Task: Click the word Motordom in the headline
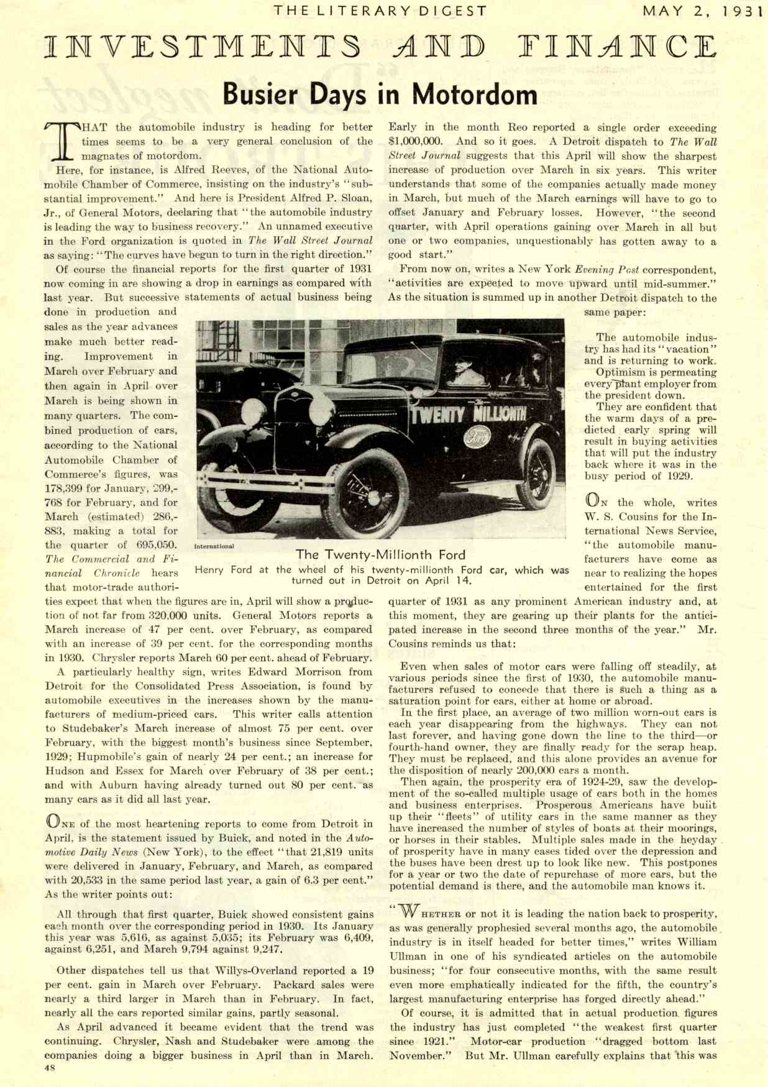(475, 95)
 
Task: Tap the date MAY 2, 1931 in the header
(702, 11)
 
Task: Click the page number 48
(50, 1067)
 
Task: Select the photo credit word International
(214, 546)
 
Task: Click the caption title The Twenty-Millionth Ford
(380, 554)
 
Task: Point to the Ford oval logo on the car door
(477, 437)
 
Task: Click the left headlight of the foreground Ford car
(253, 411)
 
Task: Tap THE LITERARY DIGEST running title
(380, 11)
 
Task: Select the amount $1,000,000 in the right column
(416, 142)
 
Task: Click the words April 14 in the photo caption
(447, 580)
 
